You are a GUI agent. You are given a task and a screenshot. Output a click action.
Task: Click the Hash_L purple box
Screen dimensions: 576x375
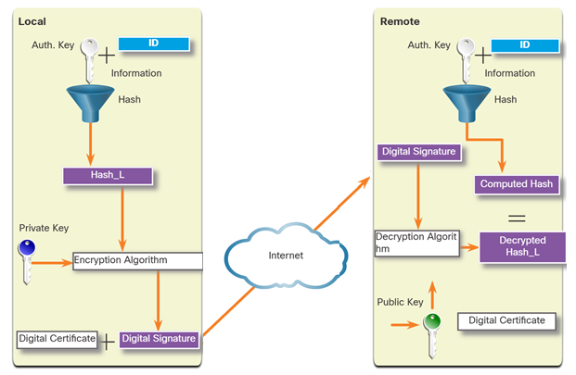point(108,176)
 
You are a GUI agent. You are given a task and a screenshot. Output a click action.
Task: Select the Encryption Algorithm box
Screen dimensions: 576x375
point(138,261)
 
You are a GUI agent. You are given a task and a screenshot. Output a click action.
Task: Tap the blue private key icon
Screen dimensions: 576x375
point(27,262)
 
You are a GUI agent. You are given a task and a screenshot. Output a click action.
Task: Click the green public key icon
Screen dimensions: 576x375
point(432,335)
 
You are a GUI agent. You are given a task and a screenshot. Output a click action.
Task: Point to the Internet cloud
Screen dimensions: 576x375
point(286,256)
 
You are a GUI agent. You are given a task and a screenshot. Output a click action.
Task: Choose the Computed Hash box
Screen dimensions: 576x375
point(517,184)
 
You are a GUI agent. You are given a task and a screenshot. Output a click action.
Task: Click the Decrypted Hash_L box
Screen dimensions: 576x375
point(522,246)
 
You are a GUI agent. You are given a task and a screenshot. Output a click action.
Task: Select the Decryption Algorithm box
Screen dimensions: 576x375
point(417,243)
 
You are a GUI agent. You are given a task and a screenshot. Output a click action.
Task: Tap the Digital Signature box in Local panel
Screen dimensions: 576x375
point(159,339)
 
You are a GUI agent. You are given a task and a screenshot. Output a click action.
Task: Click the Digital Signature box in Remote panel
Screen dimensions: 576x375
point(418,152)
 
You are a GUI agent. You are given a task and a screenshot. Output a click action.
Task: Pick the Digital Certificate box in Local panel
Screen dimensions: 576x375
point(57,339)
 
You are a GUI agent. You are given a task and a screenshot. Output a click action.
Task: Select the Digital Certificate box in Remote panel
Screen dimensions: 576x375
point(506,321)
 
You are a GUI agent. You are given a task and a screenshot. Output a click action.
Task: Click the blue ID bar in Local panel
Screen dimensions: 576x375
point(154,44)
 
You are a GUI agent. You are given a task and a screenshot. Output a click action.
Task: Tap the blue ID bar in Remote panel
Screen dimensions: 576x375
point(525,45)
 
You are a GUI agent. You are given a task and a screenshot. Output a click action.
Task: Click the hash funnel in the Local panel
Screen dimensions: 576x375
point(90,103)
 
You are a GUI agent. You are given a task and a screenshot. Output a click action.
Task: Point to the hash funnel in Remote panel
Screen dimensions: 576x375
point(467,103)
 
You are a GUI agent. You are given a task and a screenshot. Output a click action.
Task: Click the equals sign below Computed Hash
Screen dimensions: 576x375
point(517,219)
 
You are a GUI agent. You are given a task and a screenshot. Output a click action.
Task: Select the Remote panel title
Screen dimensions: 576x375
point(400,21)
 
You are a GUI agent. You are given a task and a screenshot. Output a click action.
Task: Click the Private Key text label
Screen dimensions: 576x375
point(44,228)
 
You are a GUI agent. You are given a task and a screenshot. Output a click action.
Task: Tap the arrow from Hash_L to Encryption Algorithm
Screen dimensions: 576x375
point(122,219)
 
